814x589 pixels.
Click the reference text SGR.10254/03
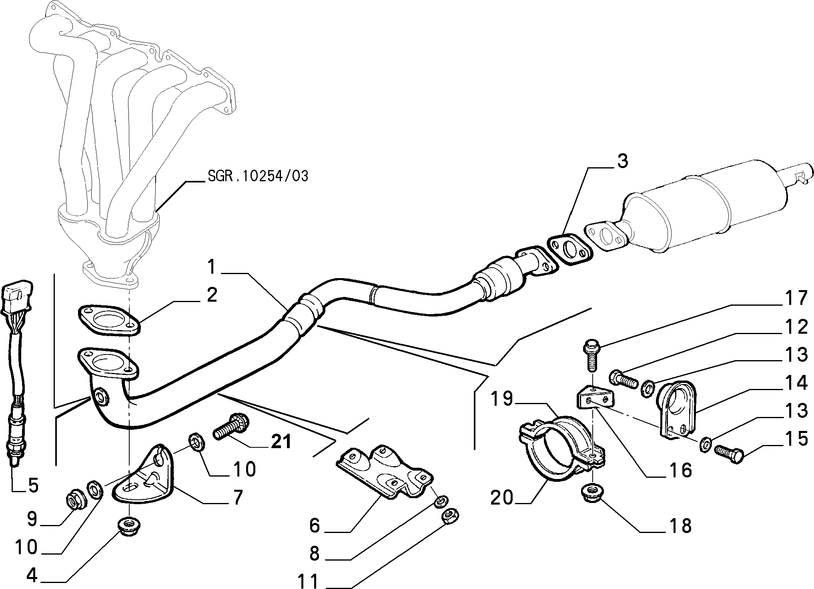coord(258,176)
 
